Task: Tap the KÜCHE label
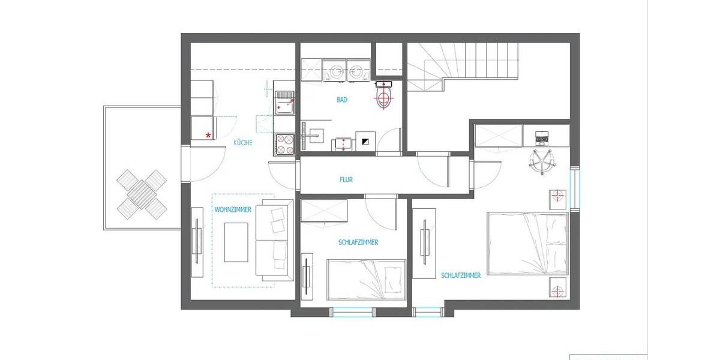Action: (243, 143)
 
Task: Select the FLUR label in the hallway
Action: (346, 179)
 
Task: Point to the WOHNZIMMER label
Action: (233, 210)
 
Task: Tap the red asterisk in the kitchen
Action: (208, 136)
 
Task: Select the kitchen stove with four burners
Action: (284, 144)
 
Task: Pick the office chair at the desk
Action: (542, 161)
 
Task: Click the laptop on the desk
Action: (541, 138)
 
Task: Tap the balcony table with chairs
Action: (142, 193)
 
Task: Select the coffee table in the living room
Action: (236, 242)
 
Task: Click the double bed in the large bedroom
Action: (527, 243)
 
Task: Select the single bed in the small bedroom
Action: (366, 279)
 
